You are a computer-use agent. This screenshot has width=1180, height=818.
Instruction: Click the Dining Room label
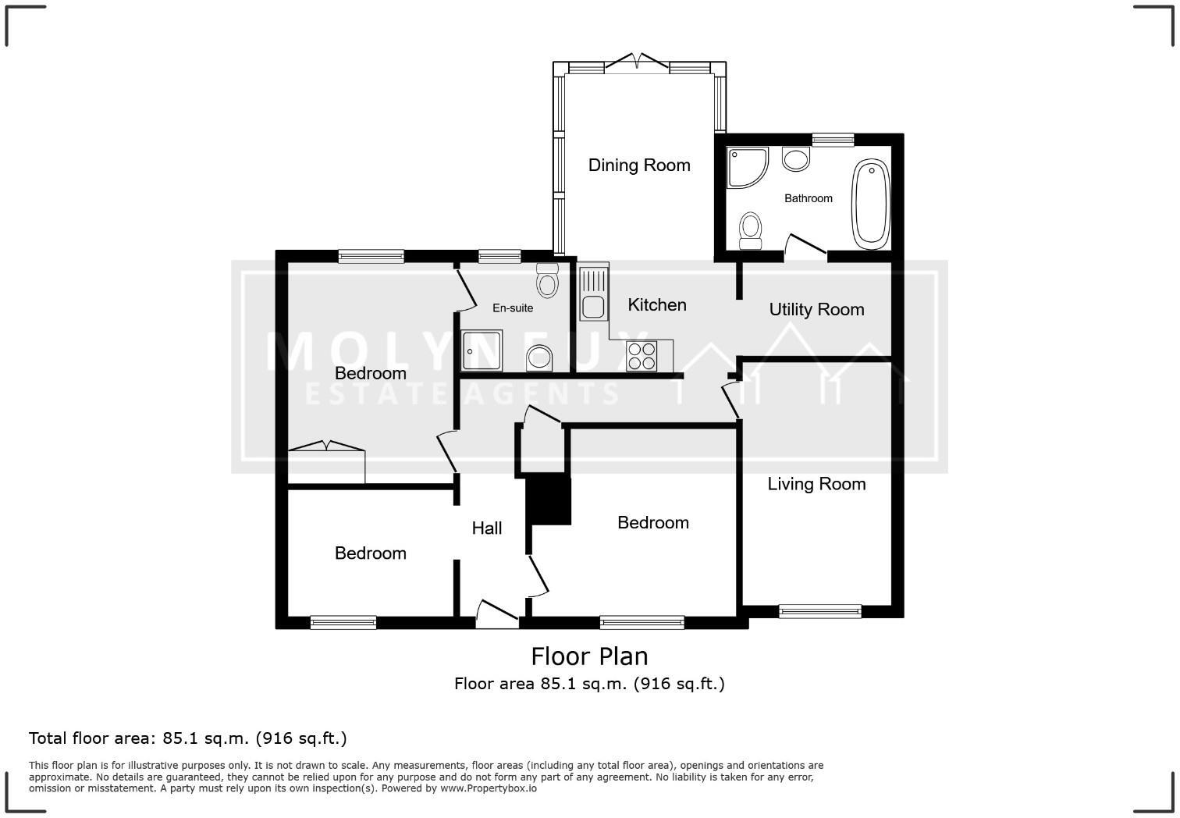(639, 165)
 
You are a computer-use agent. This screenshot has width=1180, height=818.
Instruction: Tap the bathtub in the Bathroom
(871, 203)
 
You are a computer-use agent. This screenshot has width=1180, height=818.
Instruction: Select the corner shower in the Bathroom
(746, 167)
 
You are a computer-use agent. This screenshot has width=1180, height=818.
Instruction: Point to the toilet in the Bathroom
(751, 229)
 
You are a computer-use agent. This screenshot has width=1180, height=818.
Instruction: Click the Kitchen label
(657, 304)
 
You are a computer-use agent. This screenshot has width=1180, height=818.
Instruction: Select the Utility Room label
(816, 309)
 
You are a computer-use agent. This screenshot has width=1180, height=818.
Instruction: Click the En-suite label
(513, 308)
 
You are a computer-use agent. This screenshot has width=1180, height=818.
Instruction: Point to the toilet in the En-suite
(548, 279)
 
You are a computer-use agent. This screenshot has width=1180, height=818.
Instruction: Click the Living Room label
(816, 484)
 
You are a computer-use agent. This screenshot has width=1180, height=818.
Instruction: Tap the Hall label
(487, 528)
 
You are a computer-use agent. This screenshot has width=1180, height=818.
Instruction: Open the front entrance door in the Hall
(497, 613)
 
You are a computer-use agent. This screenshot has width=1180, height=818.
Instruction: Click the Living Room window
(819, 611)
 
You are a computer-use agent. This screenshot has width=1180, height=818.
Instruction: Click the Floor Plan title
(589, 656)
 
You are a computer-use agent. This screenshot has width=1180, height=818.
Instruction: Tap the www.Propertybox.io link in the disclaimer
(489, 788)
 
